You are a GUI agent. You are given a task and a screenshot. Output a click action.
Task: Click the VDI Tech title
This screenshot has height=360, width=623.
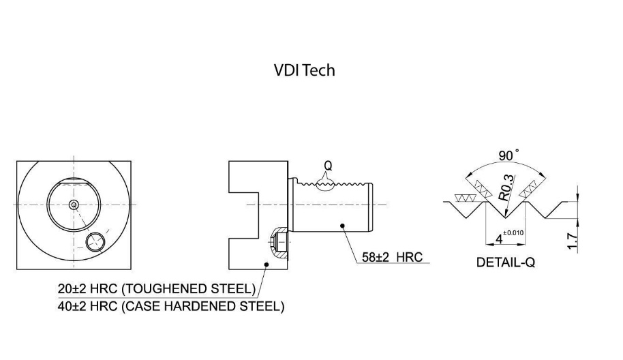304,70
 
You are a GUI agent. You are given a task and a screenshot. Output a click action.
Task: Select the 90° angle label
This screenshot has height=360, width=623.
508,156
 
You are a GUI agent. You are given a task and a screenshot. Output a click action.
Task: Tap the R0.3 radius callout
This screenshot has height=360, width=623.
505,185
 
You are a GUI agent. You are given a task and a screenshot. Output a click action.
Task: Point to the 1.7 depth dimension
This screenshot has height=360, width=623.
572,241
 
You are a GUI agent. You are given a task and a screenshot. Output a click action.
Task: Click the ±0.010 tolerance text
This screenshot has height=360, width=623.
514,233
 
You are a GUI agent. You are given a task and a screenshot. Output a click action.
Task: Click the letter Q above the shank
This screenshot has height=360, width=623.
328,165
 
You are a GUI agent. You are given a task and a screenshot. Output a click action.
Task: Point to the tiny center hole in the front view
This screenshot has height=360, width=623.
73,205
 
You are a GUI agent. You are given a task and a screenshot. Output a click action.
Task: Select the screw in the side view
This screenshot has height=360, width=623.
279,241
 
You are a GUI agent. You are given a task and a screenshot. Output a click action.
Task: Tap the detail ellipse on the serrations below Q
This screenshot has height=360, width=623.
328,186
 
